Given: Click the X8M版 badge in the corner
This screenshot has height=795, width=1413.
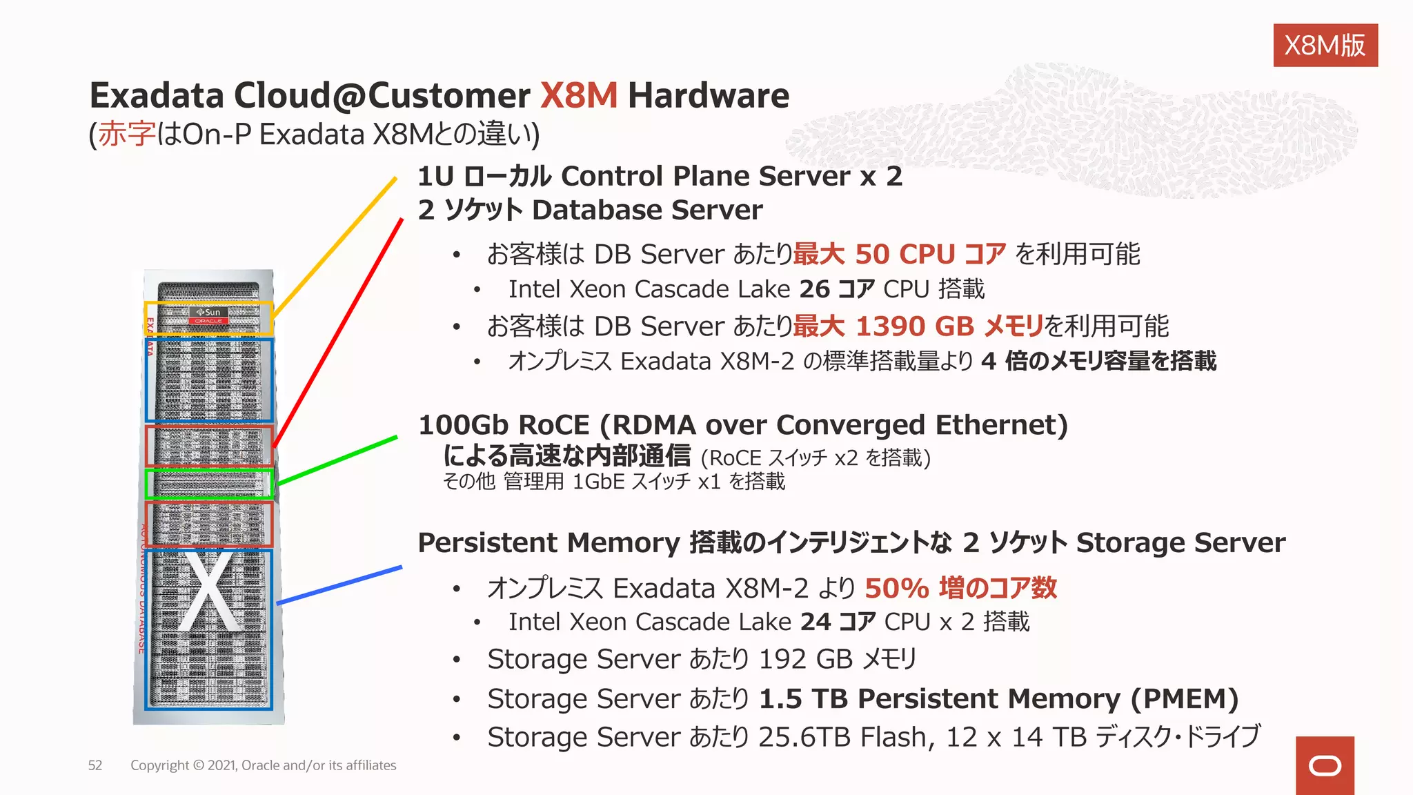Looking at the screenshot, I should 1325,46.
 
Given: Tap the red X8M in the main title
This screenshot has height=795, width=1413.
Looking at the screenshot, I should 578,95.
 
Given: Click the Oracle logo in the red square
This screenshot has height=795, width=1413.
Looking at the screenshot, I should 1325,766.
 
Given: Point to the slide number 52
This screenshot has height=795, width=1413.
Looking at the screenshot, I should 95,765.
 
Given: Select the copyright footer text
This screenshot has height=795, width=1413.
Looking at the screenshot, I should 263,765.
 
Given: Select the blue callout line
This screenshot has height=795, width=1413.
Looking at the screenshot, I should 339,585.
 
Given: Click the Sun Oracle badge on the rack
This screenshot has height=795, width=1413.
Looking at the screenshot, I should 208,315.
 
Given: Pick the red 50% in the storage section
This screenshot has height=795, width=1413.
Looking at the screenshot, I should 896,588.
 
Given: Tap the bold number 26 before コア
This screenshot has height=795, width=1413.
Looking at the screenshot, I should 814,289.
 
